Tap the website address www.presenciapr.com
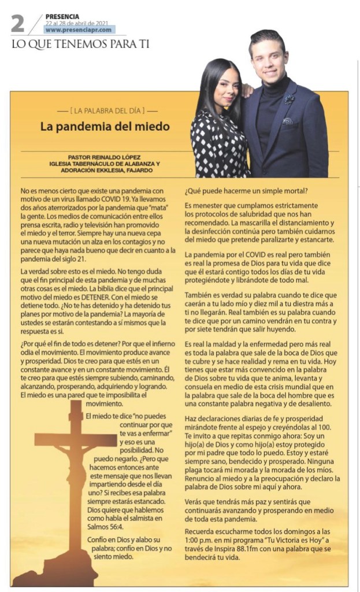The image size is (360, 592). tap(80, 29)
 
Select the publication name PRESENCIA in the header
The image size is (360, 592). tap(62, 16)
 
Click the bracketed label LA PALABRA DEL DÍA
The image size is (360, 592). tap(107, 110)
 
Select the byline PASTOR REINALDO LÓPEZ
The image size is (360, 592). tap(105, 157)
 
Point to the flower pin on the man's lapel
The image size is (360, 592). tap(289, 99)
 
